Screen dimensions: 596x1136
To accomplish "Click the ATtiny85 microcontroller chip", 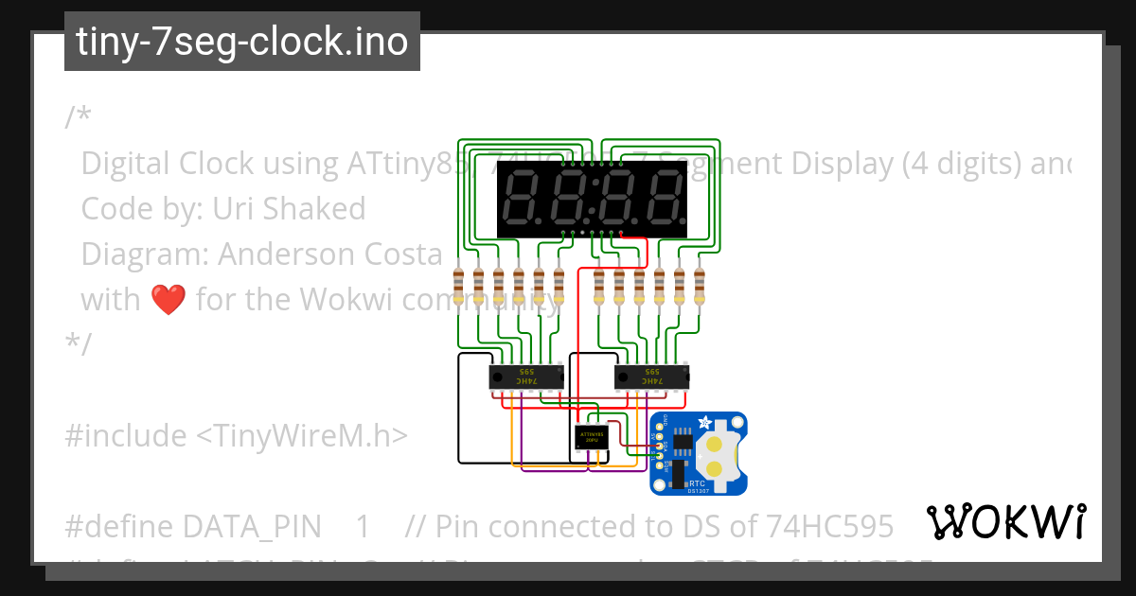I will coord(592,438).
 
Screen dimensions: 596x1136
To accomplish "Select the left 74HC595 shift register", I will coord(526,377).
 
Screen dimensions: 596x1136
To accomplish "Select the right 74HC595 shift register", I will coord(652,377).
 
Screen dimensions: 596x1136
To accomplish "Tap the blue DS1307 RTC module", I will coord(699,453).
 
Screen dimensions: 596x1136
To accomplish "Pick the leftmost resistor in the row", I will coord(459,284).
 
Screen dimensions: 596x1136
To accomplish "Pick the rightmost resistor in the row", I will coord(700,284).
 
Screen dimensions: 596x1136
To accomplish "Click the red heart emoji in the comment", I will coord(169,300).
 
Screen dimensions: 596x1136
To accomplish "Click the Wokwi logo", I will coord(1005,521).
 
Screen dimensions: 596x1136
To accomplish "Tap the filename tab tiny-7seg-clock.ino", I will coord(242,42).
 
